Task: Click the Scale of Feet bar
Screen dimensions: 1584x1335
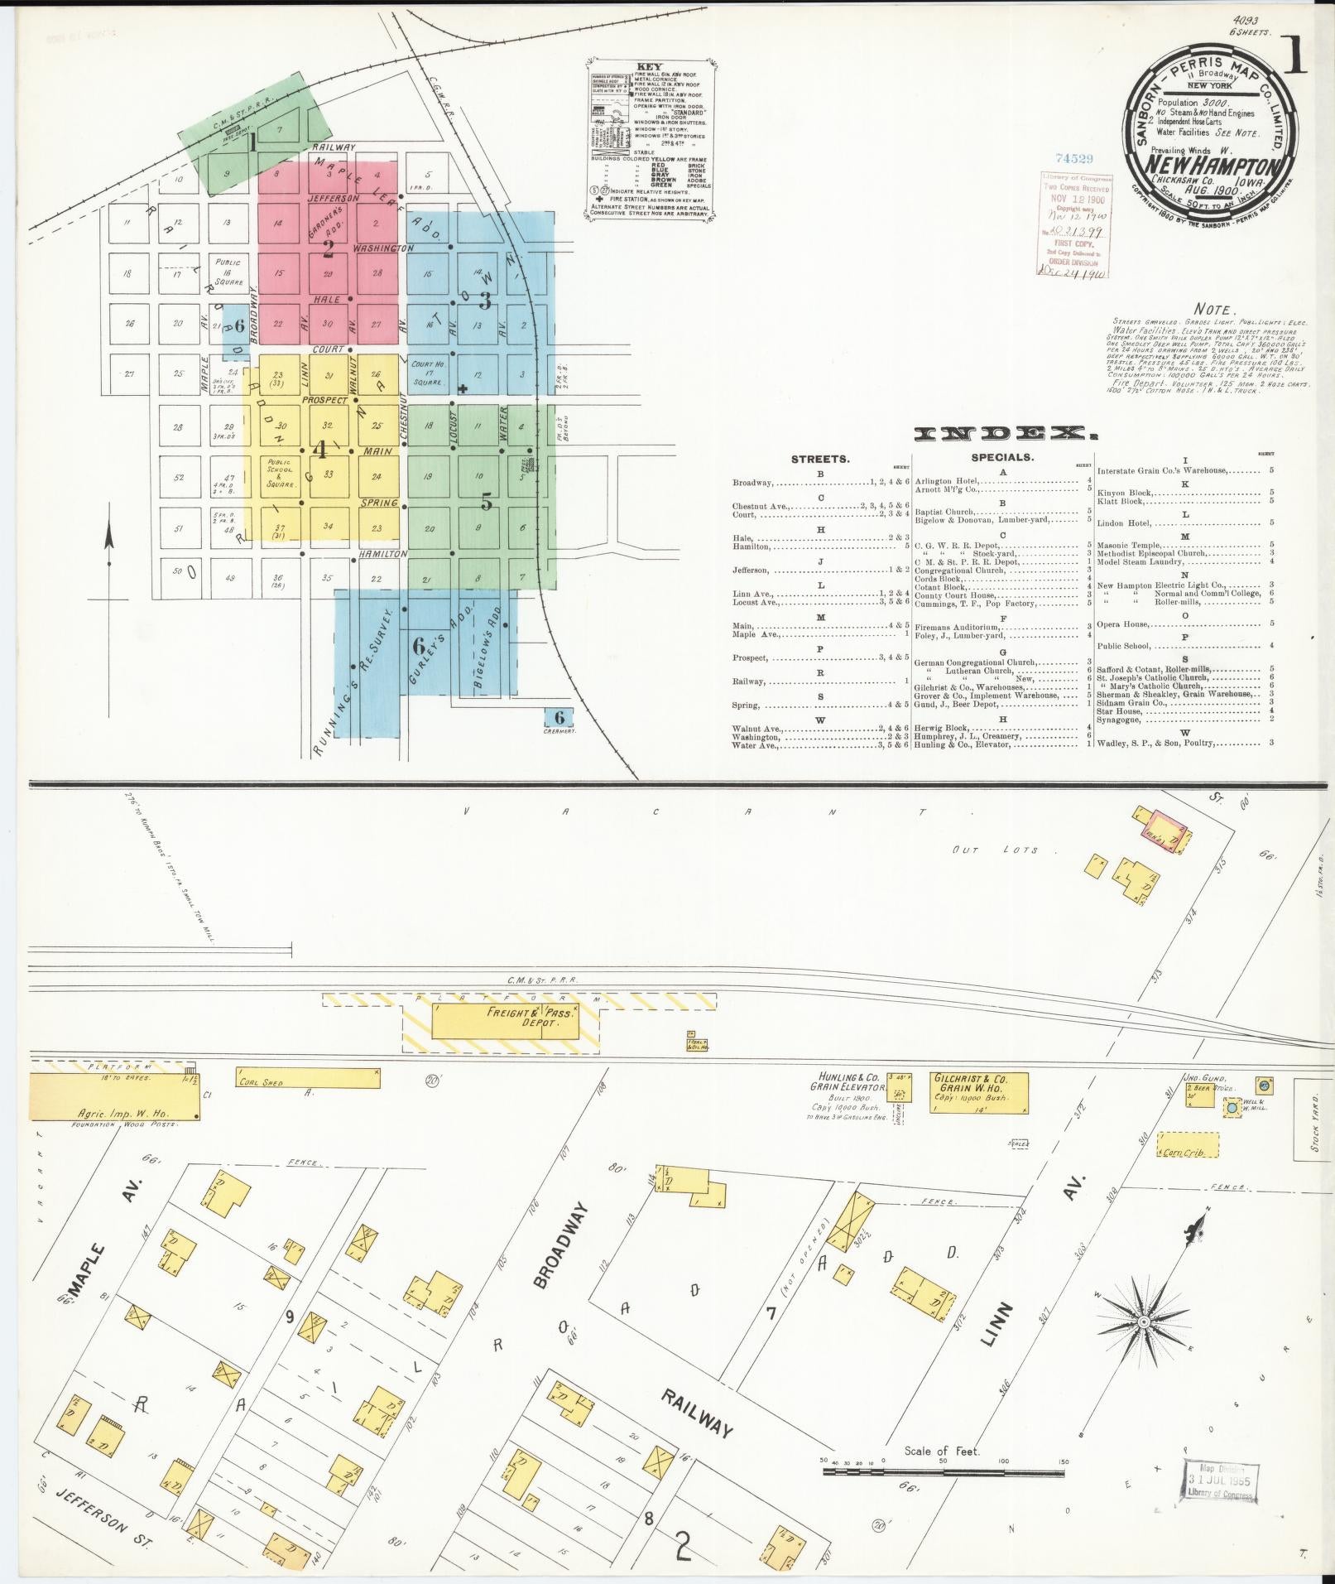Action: point(944,1472)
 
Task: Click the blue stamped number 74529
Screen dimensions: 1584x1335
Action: point(1074,158)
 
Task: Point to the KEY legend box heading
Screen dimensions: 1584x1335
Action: point(649,66)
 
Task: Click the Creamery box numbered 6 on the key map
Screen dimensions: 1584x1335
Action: point(559,718)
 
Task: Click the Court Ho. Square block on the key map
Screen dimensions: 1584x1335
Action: point(426,375)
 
